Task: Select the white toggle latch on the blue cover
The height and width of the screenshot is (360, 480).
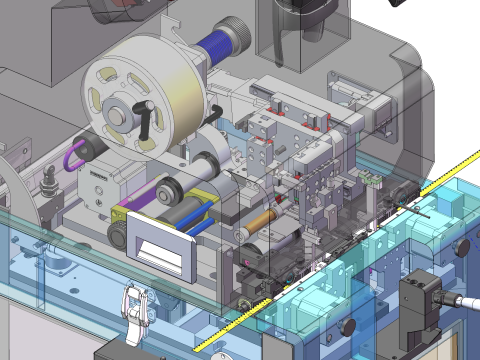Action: point(134,304)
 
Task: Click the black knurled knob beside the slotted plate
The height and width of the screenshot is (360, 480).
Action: point(119,236)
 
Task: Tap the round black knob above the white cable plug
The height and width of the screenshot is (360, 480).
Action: point(462,248)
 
